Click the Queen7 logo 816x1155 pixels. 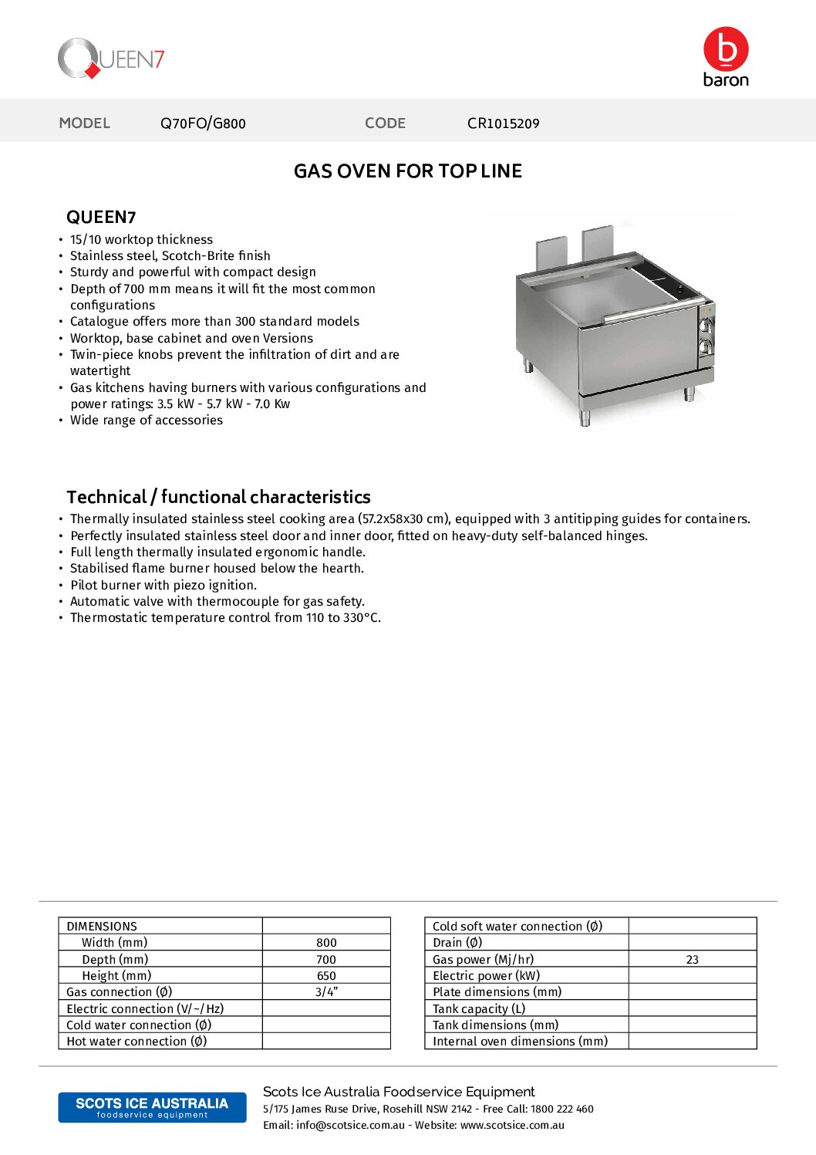tap(111, 59)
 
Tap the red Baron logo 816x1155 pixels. tap(726, 56)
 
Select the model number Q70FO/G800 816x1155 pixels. tap(203, 123)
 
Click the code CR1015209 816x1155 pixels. tap(503, 123)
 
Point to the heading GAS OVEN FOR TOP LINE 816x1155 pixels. tap(407, 171)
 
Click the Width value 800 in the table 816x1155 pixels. tap(326, 943)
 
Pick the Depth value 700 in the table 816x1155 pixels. tap(326, 960)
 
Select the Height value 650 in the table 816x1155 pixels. tap(326, 976)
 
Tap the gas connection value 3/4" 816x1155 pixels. tap(326, 992)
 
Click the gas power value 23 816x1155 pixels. tap(692, 960)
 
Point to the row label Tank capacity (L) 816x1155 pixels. tap(478, 1008)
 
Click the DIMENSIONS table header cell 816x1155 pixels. tap(102, 927)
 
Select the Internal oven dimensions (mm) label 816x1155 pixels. tap(520, 1042)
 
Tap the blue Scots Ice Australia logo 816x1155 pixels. tap(152, 1107)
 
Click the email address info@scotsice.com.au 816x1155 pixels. tap(350, 1126)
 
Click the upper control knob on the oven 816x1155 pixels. tap(705, 326)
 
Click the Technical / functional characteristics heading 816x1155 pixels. tap(218, 497)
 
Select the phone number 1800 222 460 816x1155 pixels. tap(561, 1109)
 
